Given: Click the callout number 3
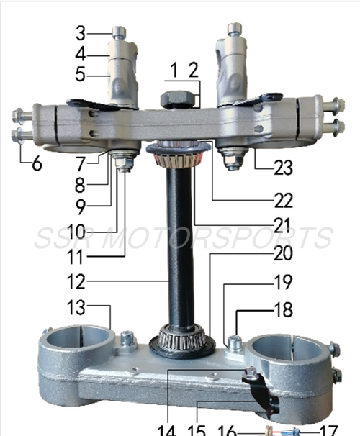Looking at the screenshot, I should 81,32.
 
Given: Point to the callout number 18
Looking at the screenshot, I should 282,310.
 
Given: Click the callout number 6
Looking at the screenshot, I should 35,163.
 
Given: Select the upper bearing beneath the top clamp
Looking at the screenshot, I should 178,153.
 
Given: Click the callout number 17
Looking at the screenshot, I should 328,430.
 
